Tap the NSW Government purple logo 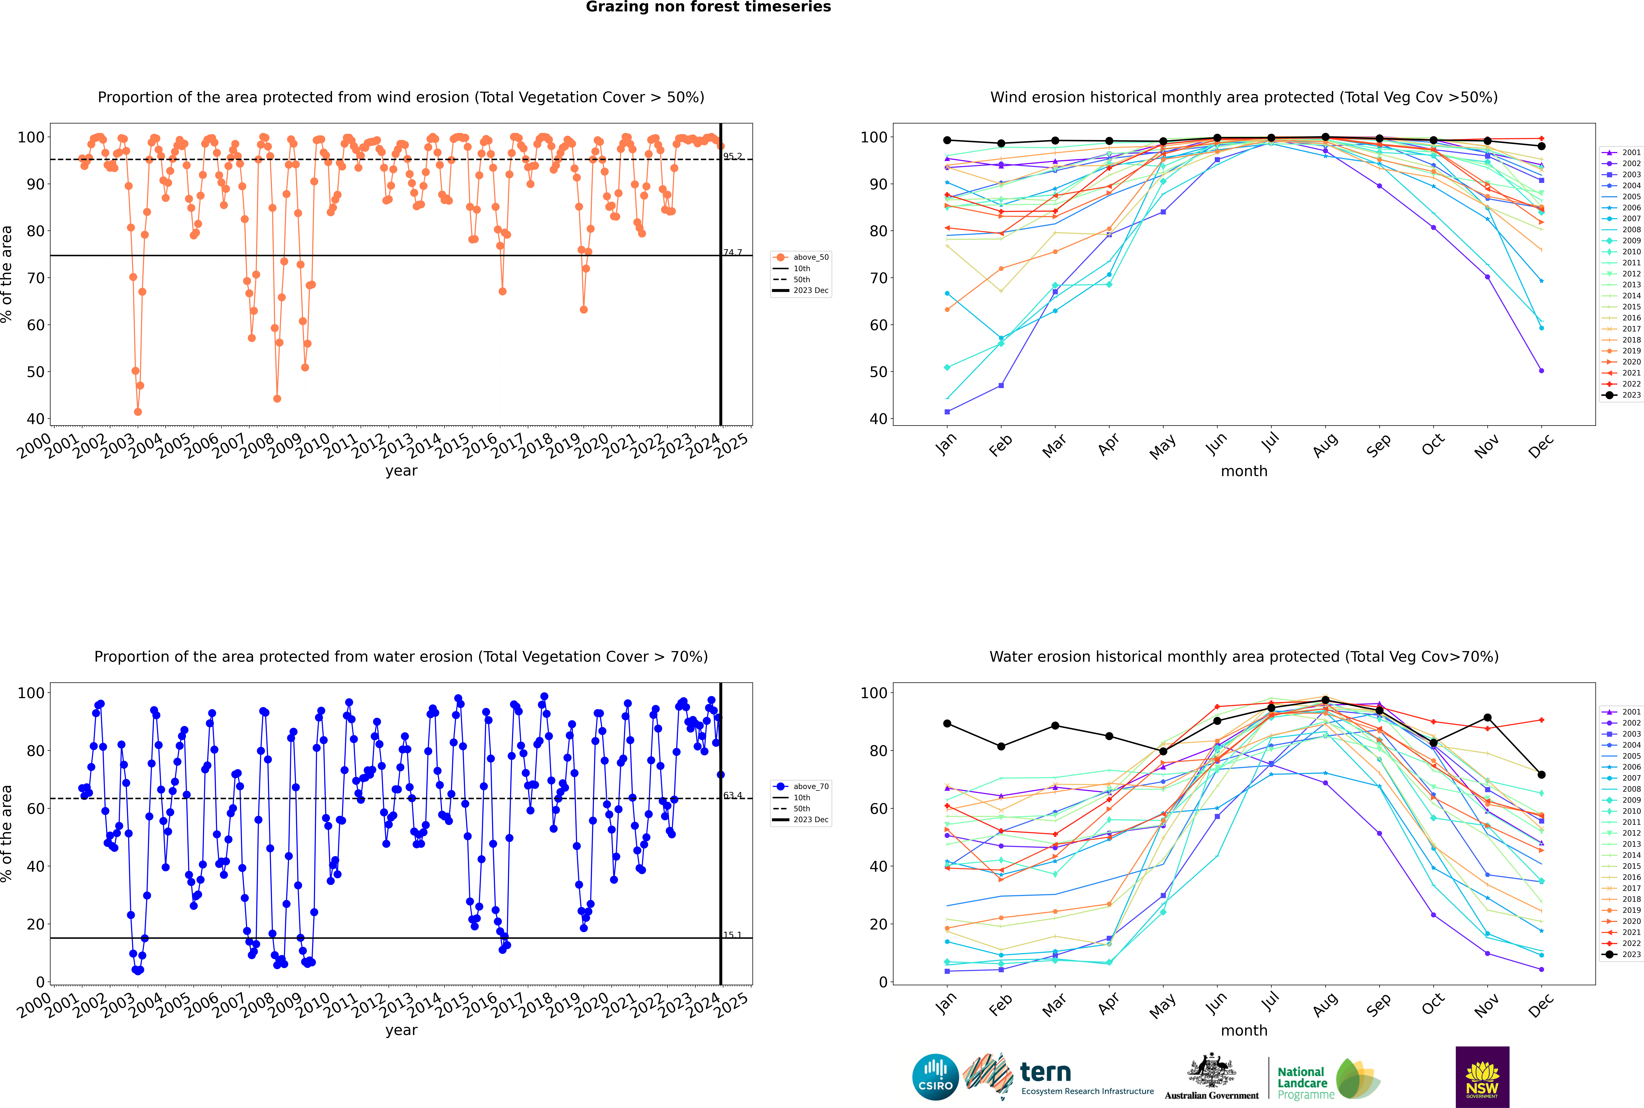coord(1482,1076)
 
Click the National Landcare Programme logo coord(1327,1079)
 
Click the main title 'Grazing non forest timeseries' coord(708,7)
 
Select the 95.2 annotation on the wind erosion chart coord(732,156)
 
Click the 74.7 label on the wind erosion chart coord(732,252)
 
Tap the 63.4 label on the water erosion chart coord(732,796)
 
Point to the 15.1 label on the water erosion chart coord(732,935)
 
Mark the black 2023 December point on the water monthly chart coord(1542,774)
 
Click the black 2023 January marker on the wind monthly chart coord(947,140)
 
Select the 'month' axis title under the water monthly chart coord(1244,1030)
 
